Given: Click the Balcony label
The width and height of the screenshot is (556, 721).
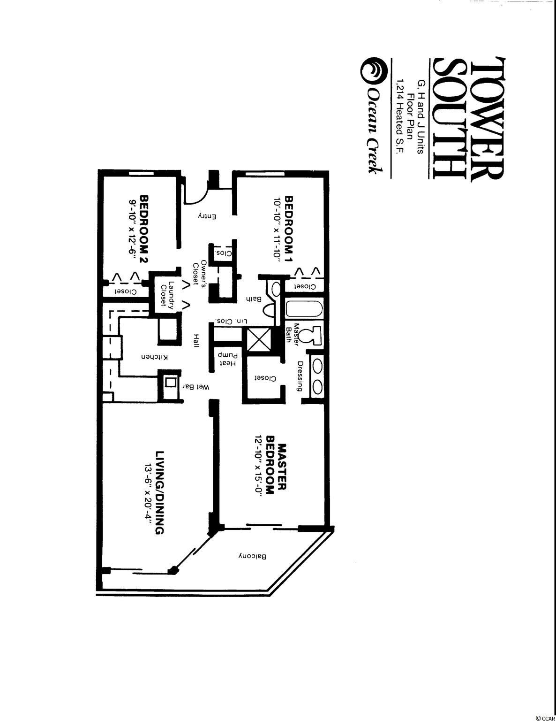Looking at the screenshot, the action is pos(253,555).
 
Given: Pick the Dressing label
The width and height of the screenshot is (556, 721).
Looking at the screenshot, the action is pos(300,376).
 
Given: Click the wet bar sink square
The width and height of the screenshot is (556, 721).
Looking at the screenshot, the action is pos(170,382).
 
